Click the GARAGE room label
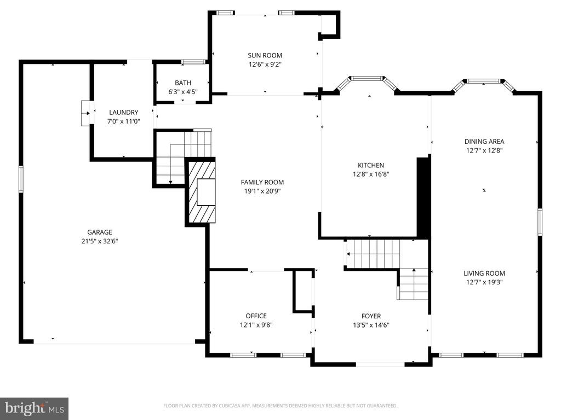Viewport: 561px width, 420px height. (x=100, y=232)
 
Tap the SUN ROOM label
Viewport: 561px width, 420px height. (x=265, y=55)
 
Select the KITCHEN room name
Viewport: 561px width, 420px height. (x=371, y=165)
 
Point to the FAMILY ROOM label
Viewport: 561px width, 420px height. (x=262, y=182)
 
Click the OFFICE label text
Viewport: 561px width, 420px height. (x=256, y=316)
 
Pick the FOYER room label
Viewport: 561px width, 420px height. (x=371, y=316)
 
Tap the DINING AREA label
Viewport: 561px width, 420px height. (x=484, y=142)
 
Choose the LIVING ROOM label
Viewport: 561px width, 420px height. (x=484, y=273)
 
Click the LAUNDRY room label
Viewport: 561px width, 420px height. (x=123, y=112)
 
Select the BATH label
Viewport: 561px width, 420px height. (x=183, y=83)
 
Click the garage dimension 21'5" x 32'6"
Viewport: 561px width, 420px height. (x=100, y=241)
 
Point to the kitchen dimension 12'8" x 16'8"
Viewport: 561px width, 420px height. (x=371, y=174)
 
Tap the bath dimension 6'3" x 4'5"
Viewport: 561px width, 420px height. (x=183, y=92)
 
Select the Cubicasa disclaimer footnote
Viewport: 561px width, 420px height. (x=280, y=406)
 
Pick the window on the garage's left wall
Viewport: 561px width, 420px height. (x=21, y=179)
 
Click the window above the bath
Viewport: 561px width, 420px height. (x=193, y=62)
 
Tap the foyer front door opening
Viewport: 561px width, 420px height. (x=380, y=364)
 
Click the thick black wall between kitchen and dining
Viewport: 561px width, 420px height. (x=423, y=197)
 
